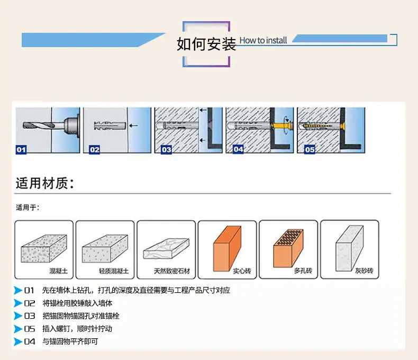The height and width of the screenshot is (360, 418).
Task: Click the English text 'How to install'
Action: pyautogui.click(x=263, y=40)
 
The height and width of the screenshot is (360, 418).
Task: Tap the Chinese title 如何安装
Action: pyautogui.click(x=206, y=44)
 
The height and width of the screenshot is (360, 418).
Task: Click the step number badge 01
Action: pyautogui.click(x=21, y=150)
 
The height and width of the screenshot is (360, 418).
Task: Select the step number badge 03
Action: pyautogui.click(x=166, y=150)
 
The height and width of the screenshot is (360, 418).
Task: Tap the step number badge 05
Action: pyautogui.click(x=310, y=149)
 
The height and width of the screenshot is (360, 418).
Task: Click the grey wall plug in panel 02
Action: pyautogui.click(x=110, y=125)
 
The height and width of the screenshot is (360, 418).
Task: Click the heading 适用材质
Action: pyautogui.click(x=45, y=184)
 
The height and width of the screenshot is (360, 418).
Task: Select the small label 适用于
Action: pyautogui.click(x=28, y=208)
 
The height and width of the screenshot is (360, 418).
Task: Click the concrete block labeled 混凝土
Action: pyautogui.click(x=44, y=248)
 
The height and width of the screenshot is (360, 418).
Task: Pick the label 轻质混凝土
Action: pyautogui.click(x=114, y=271)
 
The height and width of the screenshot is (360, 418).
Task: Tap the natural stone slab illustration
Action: pyautogui.click(x=166, y=248)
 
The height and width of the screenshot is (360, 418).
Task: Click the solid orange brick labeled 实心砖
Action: pyautogui.click(x=228, y=248)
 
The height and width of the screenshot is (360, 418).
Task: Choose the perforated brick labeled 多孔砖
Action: pyautogui.click(x=288, y=248)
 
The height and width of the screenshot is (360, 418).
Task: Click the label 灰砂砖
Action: pyautogui.click(x=364, y=271)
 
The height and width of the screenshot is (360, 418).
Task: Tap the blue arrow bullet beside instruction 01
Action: pyautogui.click(x=18, y=290)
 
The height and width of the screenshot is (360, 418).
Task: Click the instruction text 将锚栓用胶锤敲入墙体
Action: pyautogui.click(x=77, y=303)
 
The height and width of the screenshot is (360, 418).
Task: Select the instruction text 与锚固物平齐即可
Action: pyautogui.click(x=70, y=341)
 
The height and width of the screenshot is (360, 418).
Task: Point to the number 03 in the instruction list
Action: pyautogui.click(x=30, y=316)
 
